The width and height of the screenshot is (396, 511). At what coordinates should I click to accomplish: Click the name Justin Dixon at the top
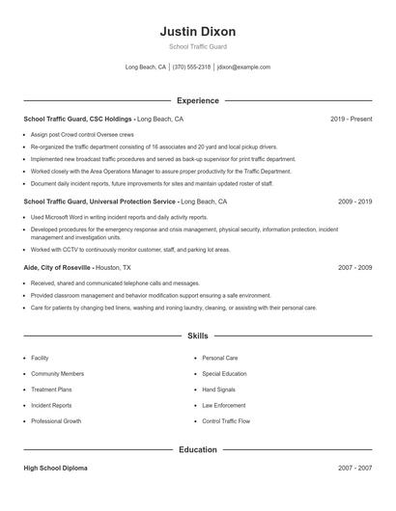(x=197, y=32)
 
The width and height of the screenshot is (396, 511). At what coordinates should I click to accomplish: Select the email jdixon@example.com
(x=243, y=67)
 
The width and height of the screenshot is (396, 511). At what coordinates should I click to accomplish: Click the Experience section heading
(x=197, y=100)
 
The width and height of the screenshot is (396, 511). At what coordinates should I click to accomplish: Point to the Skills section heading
(x=197, y=336)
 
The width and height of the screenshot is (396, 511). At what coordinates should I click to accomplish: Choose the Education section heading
(x=197, y=449)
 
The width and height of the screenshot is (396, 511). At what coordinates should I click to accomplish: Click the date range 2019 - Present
(x=351, y=119)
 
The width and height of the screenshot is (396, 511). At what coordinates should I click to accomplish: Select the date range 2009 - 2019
(x=354, y=202)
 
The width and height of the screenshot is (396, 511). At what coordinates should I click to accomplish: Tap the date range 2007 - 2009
(x=354, y=267)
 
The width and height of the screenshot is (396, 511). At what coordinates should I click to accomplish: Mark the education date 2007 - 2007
(x=354, y=468)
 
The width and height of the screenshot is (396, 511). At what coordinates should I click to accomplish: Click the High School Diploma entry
(x=55, y=468)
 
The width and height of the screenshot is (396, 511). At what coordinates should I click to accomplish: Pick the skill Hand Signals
(x=220, y=390)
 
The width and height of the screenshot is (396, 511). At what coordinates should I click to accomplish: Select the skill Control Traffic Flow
(x=226, y=421)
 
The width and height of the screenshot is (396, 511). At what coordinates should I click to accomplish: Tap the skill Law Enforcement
(x=224, y=406)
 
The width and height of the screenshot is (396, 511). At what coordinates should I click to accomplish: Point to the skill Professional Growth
(x=56, y=421)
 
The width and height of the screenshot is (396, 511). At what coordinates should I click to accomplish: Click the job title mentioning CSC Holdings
(x=77, y=119)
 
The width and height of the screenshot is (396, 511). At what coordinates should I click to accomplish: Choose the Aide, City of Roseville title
(x=58, y=267)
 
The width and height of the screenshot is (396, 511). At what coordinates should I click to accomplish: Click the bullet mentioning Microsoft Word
(x=120, y=218)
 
